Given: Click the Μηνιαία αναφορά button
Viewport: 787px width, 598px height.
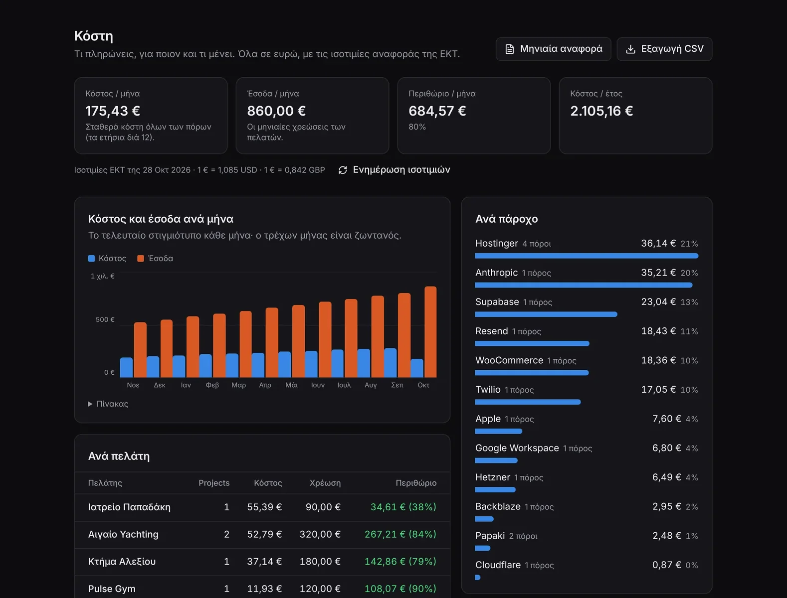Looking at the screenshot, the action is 553,49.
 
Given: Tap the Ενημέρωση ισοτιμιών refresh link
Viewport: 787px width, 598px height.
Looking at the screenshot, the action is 394,170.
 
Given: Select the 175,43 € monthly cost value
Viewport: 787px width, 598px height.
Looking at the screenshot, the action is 113,111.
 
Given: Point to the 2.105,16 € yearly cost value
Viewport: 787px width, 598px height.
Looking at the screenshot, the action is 601,111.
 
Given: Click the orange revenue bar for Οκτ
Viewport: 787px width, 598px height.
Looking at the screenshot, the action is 430,331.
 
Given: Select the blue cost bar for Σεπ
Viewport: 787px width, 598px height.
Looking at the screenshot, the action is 390,362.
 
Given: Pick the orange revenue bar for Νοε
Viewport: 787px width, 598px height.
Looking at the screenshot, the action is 140,349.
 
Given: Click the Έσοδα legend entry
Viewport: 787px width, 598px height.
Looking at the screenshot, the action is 155,258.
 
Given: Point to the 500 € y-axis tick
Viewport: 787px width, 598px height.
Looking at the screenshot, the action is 105,319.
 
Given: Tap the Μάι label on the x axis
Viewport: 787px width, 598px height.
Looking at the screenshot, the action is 291,385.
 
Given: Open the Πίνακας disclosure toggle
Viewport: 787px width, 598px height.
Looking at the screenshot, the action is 108,404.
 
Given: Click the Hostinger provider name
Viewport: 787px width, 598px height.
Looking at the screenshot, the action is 497,244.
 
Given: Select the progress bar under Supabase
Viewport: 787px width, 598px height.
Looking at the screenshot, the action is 546,314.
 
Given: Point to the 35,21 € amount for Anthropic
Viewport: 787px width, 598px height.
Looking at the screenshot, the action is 658,273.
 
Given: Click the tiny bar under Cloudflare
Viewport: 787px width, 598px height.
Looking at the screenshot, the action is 478,577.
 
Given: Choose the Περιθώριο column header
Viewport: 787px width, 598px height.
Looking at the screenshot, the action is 416,483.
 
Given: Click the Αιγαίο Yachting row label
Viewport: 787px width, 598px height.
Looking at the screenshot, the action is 123,534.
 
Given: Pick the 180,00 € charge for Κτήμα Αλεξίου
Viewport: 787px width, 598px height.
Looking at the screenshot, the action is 320,561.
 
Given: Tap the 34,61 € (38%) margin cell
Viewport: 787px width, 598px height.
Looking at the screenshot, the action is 403,507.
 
